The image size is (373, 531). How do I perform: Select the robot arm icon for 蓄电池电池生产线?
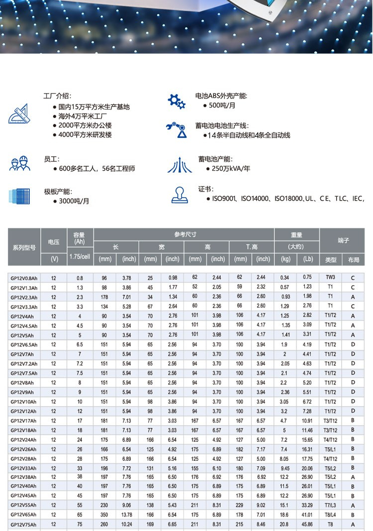(x=177, y=130)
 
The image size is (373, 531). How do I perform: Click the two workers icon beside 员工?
(x=19, y=164)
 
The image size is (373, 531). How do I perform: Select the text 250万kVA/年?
(x=231, y=169)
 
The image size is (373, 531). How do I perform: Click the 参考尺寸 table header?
(x=185, y=234)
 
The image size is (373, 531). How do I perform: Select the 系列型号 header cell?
(x=24, y=247)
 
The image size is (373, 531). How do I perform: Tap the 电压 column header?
(x=54, y=242)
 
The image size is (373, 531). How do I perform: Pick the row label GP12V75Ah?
(x=24, y=524)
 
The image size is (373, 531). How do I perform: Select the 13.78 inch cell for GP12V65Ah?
(x=127, y=515)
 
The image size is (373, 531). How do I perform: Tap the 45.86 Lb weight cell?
(x=307, y=524)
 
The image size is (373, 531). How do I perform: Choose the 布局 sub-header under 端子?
(x=353, y=259)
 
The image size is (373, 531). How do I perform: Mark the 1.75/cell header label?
(x=80, y=256)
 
